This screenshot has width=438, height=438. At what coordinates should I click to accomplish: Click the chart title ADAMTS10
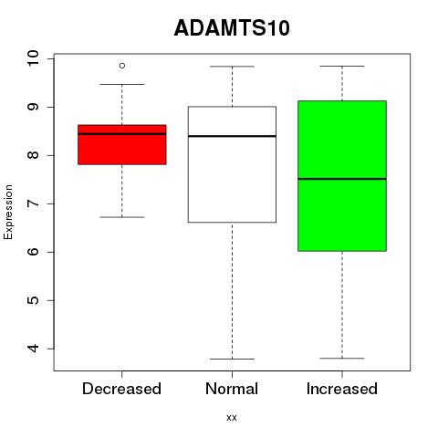pyautogui.click(x=232, y=28)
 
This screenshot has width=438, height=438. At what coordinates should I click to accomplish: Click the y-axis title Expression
pyautogui.click(x=8, y=212)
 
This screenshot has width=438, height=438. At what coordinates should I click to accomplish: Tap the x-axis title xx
pyautogui.click(x=232, y=418)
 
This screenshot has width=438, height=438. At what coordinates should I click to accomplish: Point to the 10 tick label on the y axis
pyautogui.click(x=33, y=58)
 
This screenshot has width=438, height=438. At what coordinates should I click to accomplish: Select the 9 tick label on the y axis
pyautogui.click(x=33, y=107)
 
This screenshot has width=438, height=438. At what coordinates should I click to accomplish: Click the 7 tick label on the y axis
pyautogui.click(x=33, y=203)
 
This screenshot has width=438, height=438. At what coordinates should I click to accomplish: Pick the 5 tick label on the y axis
pyautogui.click(x=33, y=300)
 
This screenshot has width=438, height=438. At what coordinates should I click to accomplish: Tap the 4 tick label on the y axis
pyautogui.click(x=33, y=349)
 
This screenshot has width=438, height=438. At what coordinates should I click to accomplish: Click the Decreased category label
pyautogui.click(x=121, y=389)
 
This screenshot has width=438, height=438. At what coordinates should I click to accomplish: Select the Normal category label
pyautogui.click(x=232, y=389)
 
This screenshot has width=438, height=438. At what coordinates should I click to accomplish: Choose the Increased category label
pyautogui.click(x=342, y=389)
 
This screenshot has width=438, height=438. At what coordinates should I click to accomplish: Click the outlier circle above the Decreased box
pyautogui.click(x=122, y=66)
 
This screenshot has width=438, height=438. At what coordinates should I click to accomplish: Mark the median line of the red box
pyautogui.click(x=122, y=134)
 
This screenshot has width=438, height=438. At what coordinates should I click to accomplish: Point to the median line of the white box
pyautogui.click(x=232, y=136)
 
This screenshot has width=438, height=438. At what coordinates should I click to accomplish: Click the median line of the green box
pyautogui.click(x=342, y=179)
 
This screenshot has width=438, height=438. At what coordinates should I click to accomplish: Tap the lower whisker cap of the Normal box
pyautogui.click(x=232, y=359)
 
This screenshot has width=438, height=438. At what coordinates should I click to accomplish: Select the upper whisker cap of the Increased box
pyautogui.click(x=342, y=66)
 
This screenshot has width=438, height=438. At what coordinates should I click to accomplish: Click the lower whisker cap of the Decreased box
pyautogui.click(x=122, y=217)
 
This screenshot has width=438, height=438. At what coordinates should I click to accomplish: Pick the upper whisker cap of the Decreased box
pyautogui.click(x=122, y=84)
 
